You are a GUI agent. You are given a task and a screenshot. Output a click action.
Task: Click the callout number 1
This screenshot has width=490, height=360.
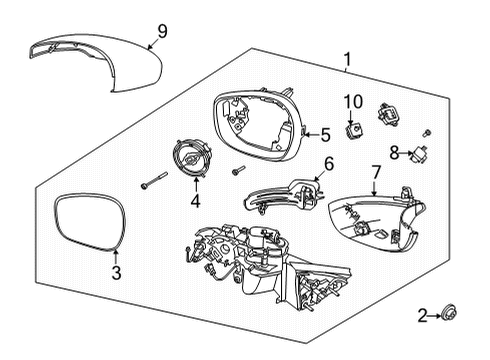(347, 60)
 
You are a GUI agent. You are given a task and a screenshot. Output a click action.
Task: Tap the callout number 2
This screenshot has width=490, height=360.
(423, 316)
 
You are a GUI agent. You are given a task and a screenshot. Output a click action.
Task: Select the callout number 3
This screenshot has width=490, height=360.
(116, 272)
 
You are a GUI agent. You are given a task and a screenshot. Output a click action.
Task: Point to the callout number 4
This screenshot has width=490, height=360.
(195, 201)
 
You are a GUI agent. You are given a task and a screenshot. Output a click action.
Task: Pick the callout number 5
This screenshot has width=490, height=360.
(325, 134)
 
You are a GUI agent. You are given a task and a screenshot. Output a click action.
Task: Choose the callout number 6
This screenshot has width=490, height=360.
(328, 162)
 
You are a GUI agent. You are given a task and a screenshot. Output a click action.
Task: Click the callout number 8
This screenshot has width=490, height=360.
(394, 153)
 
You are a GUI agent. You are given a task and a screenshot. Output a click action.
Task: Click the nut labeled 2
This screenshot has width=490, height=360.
(448, 316)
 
